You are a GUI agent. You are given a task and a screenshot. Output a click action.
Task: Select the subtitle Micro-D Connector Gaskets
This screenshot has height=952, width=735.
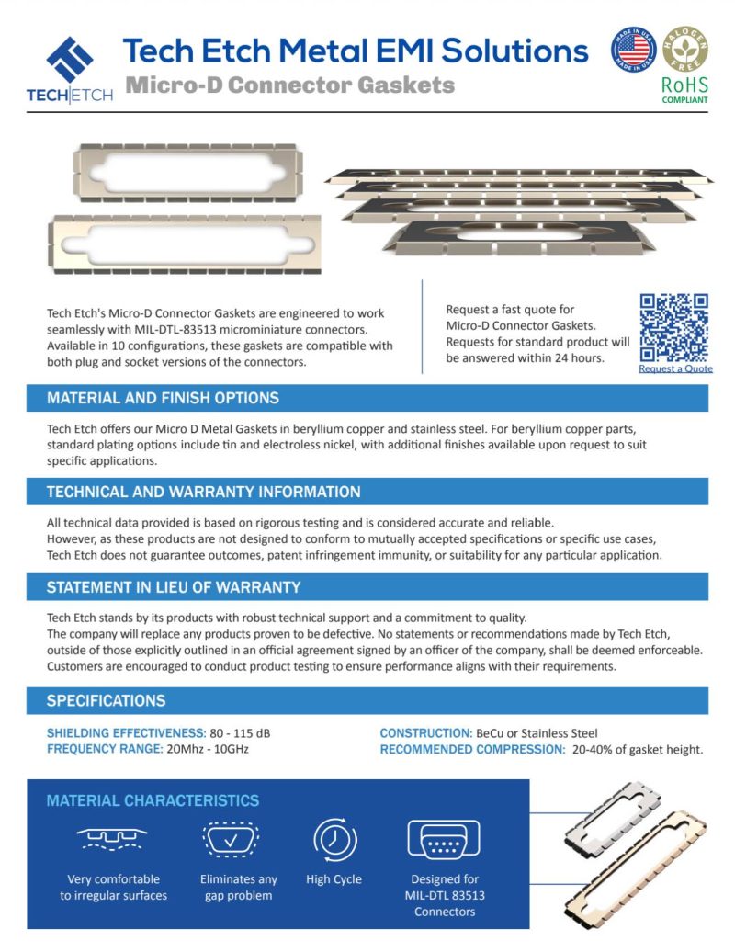click(289, 85)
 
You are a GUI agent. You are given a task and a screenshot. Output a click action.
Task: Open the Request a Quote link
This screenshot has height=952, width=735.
click(675, 368)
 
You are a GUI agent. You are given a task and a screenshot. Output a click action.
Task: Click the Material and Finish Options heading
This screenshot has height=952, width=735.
click(163, 399)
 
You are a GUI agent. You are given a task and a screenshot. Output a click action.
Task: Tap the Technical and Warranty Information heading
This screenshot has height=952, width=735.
click(203, 493)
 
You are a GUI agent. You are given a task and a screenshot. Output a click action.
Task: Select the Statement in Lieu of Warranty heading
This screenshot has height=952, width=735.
click(174, 587)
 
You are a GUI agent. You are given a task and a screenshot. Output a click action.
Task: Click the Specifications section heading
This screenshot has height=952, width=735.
click(107, 701)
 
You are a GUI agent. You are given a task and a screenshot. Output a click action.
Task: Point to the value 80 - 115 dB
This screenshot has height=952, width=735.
click(241, 733)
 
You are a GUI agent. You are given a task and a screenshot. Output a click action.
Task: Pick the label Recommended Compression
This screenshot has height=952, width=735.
click(472, 749)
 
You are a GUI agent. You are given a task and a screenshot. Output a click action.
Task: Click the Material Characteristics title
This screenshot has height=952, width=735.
click(153, 801)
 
